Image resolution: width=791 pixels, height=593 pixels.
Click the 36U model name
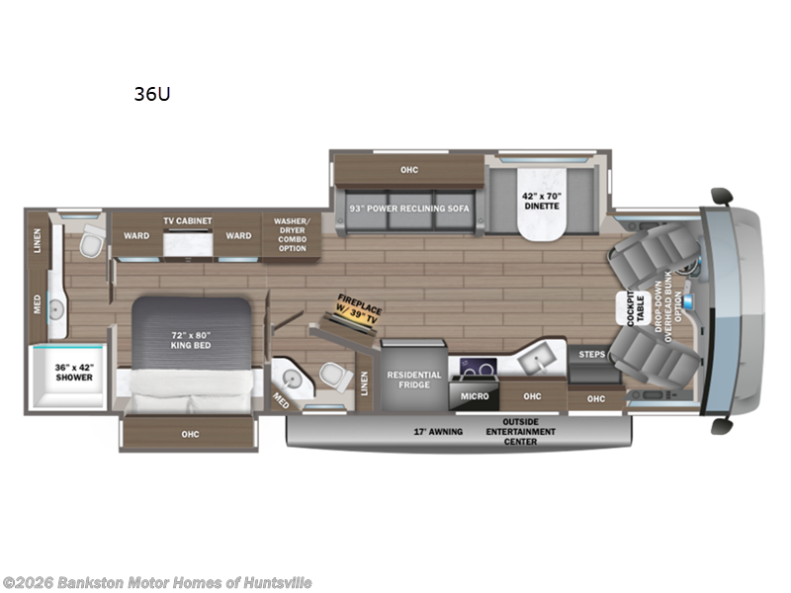click(144, 95)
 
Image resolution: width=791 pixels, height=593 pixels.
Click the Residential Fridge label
click(413, 380)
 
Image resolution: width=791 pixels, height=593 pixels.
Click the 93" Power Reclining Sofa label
click(409, 209)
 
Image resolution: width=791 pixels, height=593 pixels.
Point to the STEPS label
click(592, 353)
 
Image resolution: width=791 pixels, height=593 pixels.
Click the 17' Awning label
click(438, 431)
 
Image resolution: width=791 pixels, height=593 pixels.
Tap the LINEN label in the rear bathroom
click(38, 240)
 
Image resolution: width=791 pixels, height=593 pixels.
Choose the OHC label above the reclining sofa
click(409, 170)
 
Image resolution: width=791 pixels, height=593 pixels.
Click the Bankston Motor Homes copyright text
click(157, 583)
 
